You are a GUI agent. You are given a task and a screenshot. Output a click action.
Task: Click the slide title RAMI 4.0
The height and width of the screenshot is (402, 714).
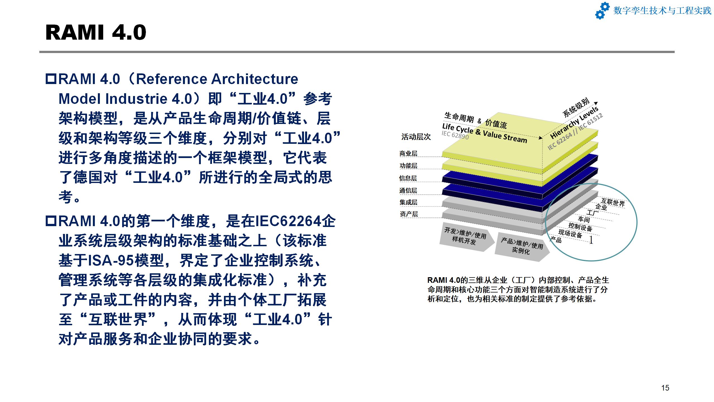(96, 32)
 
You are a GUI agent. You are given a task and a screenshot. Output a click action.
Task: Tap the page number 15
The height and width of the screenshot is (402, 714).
(665, 388)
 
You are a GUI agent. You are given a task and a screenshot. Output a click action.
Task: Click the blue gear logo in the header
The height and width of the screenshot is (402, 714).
(602, 10)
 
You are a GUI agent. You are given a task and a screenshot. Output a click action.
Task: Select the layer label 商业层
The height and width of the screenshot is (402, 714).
(408, 153)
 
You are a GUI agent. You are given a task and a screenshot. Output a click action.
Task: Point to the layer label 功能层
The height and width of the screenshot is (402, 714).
(408, 166)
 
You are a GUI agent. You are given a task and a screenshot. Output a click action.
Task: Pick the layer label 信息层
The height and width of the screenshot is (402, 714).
(408, 178)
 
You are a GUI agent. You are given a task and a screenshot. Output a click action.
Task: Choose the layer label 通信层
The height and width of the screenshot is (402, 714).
(408, 190)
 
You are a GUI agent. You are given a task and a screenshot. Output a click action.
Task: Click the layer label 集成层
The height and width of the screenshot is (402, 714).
(408, 202)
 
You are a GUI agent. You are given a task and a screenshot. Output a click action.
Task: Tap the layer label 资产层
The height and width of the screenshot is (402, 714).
(409, 214)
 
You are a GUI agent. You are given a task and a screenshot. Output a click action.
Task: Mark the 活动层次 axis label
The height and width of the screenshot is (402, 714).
(416, 137)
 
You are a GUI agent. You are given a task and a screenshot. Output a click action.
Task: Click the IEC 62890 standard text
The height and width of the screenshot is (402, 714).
(455, 135)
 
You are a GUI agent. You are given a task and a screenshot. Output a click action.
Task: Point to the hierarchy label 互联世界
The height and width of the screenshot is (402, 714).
(613, 202)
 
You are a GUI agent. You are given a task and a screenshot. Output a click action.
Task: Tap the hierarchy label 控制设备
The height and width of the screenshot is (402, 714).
(580, 227)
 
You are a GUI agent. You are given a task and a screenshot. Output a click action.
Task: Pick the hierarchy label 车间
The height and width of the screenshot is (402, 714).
(584, 219)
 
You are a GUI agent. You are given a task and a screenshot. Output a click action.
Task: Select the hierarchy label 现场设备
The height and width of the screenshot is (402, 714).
(570, 234)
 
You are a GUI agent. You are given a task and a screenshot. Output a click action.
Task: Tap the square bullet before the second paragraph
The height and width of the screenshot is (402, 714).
(51, 221)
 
